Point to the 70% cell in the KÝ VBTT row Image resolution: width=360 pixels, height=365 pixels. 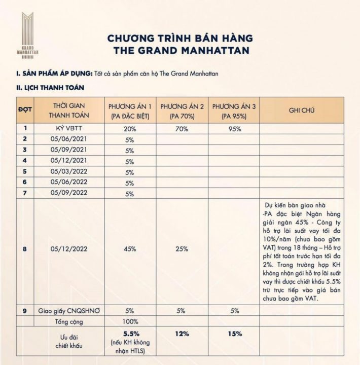(x=183, y=129)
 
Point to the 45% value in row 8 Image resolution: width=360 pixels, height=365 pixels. (x=129, y=249)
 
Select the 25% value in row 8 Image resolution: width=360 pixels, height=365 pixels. (x=183, y=249)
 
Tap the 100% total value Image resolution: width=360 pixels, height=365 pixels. (x=129, y=321)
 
